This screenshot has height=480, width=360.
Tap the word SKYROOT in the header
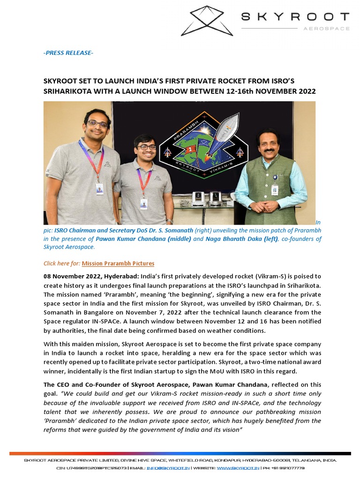pos(295,17)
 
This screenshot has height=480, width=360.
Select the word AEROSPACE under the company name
pos(327,29)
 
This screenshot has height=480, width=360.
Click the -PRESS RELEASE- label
pos(68,53)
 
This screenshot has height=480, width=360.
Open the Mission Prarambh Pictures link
pos(118,263)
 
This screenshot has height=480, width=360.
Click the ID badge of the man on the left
pos(99,188)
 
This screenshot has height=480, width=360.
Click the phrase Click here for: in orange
pos(62,263)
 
